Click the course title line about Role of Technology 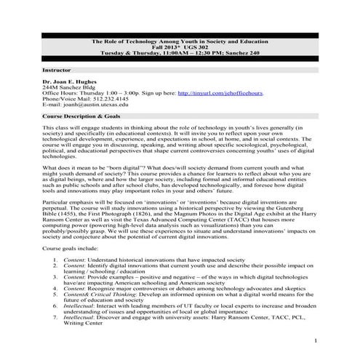pyautogui.click(x=180, y=41)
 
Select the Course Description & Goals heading pyautogui.click(x=81, y=116)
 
